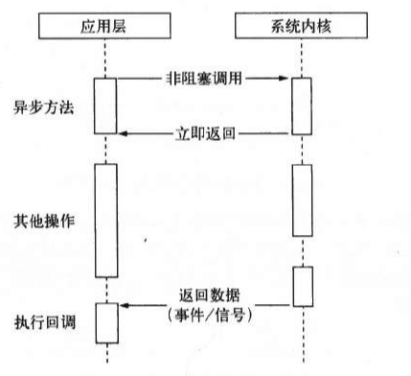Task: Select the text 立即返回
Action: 205,132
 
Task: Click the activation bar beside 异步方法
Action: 105,109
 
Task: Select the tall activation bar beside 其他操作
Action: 105,221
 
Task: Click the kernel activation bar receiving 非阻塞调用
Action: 302,109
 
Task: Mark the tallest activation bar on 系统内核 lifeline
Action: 302,201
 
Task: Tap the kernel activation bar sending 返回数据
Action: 302,288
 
